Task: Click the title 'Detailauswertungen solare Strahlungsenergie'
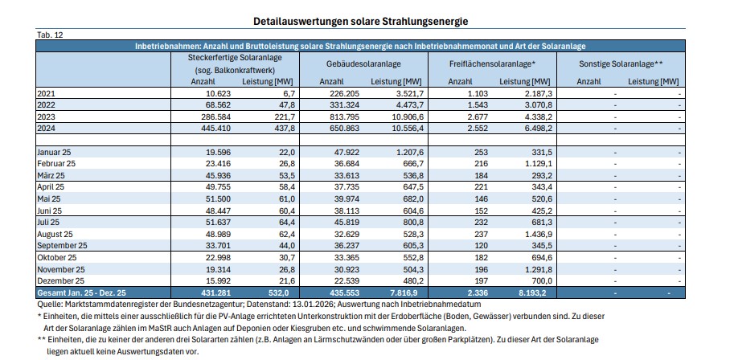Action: [x=359, y=19]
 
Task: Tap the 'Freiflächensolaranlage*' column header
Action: [x=491, y=63]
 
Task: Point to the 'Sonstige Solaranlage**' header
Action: [x=621, y=63]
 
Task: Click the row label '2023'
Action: [x=47, y=117]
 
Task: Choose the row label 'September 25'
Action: [x=63, y=244]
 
